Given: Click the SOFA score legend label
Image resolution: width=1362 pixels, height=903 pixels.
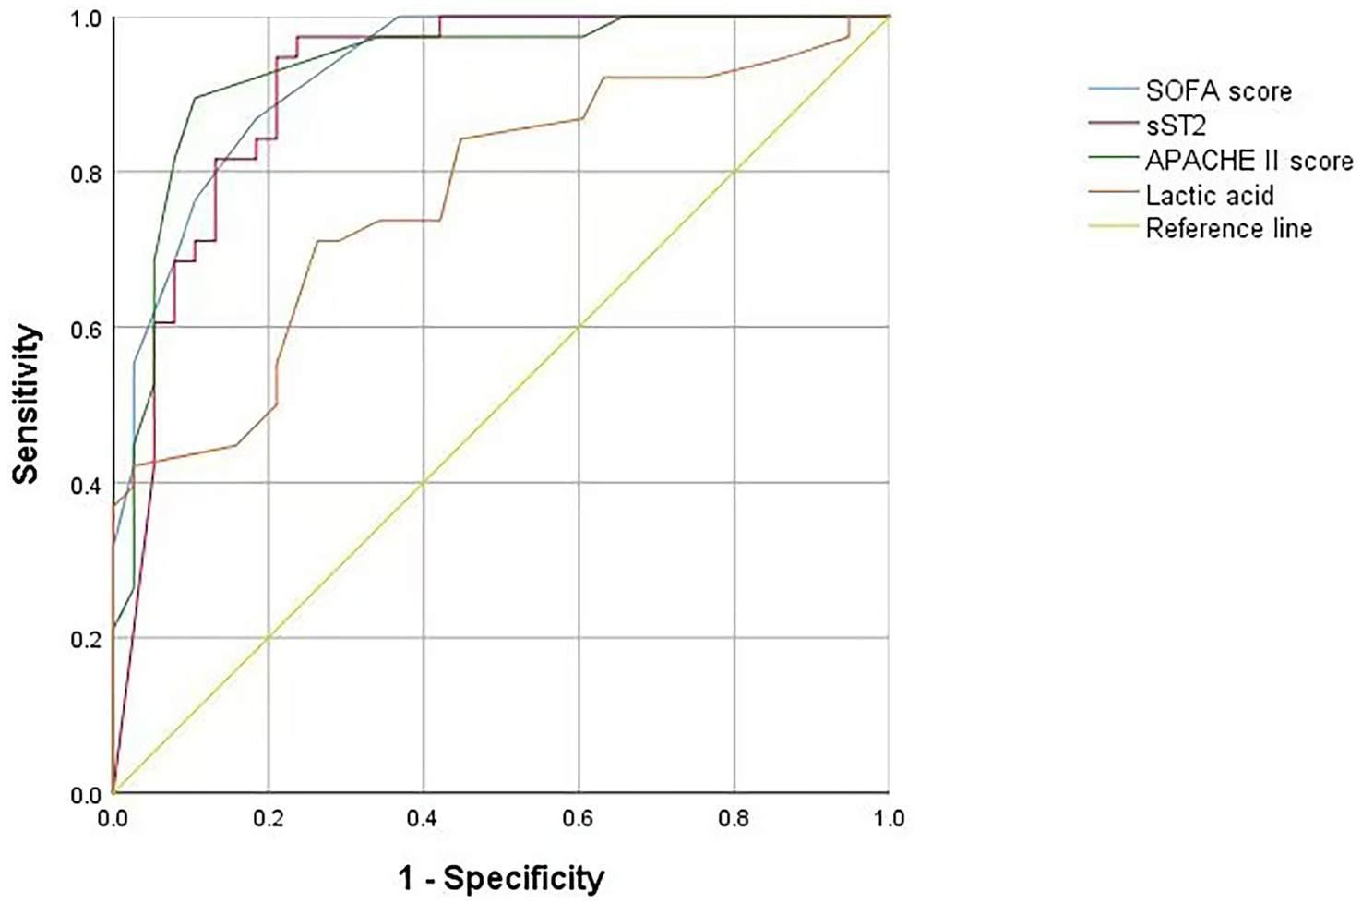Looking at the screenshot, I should tap(1218, 90).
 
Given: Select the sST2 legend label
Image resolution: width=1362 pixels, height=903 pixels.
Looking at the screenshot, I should tap(1177, 126).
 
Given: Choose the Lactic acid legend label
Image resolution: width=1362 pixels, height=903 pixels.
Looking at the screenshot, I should tap(1210, 195).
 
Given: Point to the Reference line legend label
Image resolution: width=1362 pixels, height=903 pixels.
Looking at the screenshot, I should tap(1229, 229).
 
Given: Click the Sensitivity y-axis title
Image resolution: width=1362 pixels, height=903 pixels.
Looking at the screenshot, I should tap(28, 403).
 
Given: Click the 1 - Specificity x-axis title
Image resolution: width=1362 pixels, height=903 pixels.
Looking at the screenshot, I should tap(501, 877).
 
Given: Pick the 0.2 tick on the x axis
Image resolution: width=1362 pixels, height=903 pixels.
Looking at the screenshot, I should tap(268, 817).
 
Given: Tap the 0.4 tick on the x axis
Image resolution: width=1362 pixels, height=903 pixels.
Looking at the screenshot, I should tap(424, 817).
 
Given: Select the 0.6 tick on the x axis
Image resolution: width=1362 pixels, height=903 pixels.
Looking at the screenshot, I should tap(579, 817).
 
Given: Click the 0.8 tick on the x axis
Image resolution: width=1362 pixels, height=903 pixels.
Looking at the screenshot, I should tap(735, 817).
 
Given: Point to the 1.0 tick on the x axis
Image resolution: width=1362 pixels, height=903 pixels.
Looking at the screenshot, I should tap(890, 817).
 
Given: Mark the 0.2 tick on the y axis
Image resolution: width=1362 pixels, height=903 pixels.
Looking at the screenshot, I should tap(85, 638).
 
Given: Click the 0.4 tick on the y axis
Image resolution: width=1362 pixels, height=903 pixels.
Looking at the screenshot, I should tap(85, 483).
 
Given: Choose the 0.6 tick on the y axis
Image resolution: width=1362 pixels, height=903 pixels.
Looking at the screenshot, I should tap(85, 328).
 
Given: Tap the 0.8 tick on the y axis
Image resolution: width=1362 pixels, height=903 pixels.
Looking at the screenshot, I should tap(85, 173).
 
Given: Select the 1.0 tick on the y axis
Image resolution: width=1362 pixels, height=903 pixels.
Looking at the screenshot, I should tap(85, 18).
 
